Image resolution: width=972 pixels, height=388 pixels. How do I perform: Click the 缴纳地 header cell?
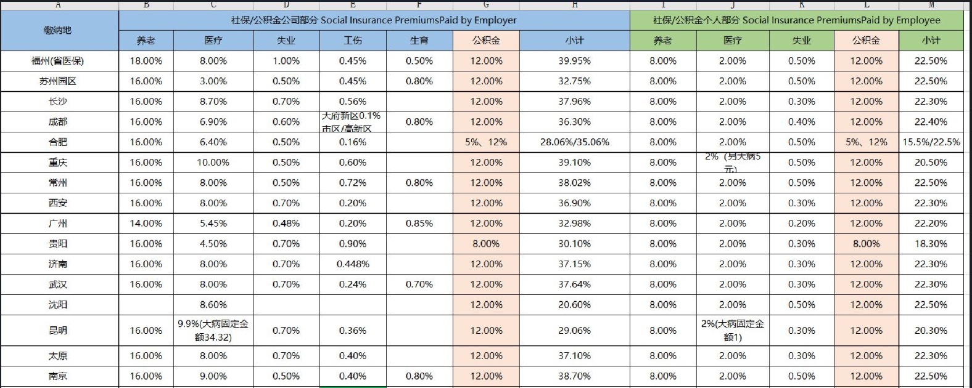click(x=58, y=30)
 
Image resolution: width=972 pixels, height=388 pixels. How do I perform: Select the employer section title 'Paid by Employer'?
click(x=374, y=20)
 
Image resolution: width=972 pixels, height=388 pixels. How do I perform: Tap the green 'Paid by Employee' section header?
click(x=796, y=20)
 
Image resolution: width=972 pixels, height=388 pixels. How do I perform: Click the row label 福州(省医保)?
click(x=58, y=61)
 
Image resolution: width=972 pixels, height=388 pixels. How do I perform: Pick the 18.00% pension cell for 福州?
click(x=146, y=61)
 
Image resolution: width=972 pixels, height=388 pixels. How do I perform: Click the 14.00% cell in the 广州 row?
click(x=146, y=224)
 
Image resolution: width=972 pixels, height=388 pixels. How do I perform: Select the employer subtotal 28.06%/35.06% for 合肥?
click(x=574, y=142)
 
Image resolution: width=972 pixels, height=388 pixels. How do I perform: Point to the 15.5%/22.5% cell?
click(x=931, y=142)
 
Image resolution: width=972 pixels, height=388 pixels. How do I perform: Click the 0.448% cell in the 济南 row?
click(x=353, y=264)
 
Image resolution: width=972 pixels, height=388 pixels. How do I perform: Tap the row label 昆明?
click(x=58, y=331)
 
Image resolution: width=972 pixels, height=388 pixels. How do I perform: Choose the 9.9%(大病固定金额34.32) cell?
click(x=213, y=331)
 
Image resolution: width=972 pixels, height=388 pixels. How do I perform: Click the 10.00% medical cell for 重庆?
click(x=213, y=163)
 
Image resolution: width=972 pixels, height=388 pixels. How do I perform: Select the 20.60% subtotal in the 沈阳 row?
click(x=574, y=305)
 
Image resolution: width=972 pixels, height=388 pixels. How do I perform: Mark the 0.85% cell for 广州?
click(x=419, y=224)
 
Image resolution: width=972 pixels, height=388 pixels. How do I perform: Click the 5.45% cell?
click(x=213, y=224)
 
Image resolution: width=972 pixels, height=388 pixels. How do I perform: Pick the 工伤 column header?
click(x=353, y=41)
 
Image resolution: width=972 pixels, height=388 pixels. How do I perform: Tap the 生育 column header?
click(x=419, y=41)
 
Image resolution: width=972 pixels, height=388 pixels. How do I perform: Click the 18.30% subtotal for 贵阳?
click(x=931, y=244)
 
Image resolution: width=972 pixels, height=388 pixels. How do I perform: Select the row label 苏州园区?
click(x=58, y=81)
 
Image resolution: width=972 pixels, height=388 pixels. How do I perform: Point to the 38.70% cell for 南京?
click(x=574, y=376)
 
